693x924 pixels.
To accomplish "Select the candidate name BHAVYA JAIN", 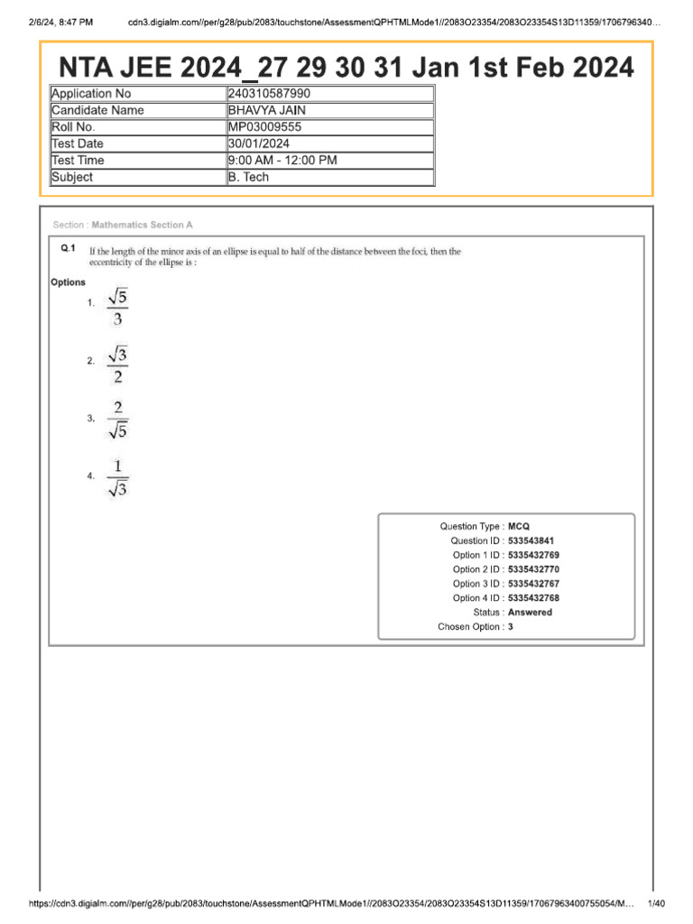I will coord(267,110).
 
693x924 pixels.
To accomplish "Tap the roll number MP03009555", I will coord(264,127).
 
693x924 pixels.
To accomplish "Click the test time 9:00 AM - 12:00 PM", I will coord(282,161).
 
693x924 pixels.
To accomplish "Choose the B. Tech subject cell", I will coord(248,177).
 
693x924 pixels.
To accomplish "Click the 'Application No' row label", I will coord(91,94).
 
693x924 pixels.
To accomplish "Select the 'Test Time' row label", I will coord(78,161).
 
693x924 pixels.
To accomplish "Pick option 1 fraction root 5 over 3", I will coord(117,306).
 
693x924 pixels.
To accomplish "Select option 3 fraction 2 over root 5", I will coord(117,420).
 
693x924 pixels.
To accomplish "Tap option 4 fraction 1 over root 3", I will coord(117,478).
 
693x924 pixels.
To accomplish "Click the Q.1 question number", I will coord(68,247).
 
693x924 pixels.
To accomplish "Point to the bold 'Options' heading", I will coord(68,282).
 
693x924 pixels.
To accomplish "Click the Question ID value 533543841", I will coord(531,541).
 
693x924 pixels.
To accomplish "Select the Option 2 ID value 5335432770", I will coord(533,569).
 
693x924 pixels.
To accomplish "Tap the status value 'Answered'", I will coord(530,612).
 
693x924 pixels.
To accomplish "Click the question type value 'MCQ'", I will coord(518,526).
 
